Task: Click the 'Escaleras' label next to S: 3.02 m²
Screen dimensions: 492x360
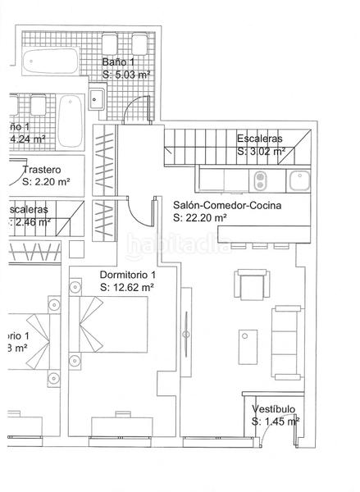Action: [x=259, y=139]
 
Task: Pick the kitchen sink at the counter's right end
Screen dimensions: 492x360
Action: [x=298, y=178]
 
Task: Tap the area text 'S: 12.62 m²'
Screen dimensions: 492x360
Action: [x=127, y=288]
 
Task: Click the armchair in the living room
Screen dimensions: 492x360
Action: [x=251, y=285]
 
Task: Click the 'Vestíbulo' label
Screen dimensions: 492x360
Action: [x=272, y=409]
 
